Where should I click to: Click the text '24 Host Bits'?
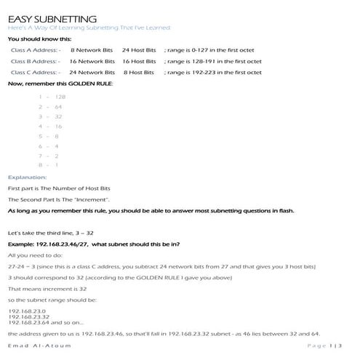pyautogui.click(x=139, y=50)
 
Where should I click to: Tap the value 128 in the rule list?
pyautogui.click(x=60, y=97)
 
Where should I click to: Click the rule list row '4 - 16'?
pyautogui.click(x=50, y=127)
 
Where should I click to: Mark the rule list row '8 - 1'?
pyautogui.click(x=49, y=165)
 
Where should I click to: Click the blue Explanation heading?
pyautogui.click(x=27, y=177)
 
